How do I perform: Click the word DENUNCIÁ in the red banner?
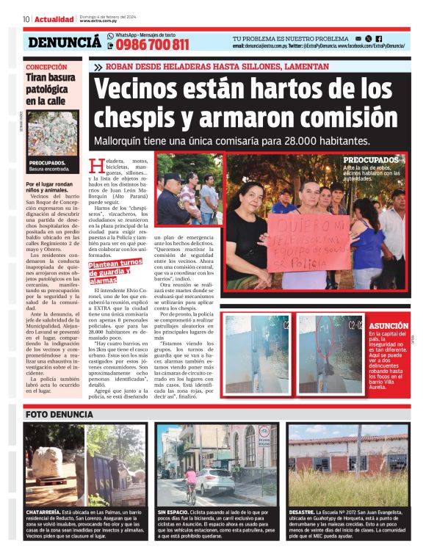click(x=65, y=43)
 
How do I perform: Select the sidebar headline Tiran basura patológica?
click(x=48, y=88)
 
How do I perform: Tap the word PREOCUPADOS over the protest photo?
click(x=371, y=159)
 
